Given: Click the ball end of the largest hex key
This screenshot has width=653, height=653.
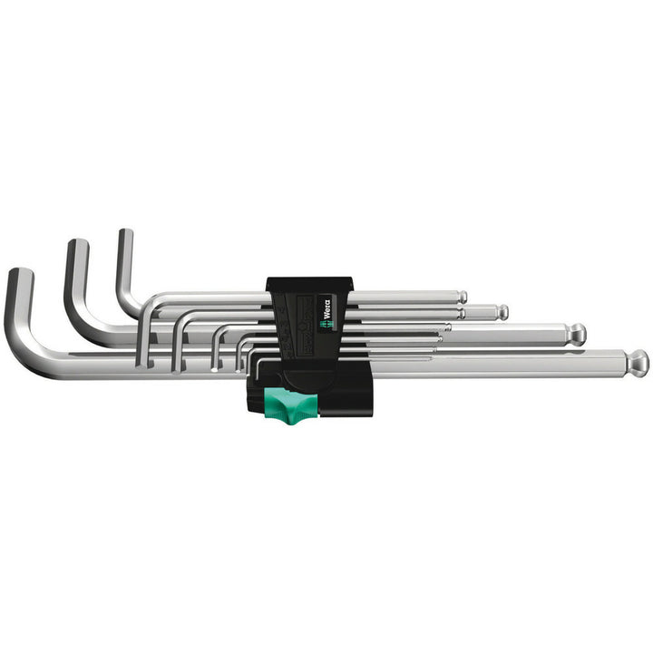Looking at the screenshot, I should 638,362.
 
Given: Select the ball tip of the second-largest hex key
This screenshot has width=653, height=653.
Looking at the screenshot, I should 577,334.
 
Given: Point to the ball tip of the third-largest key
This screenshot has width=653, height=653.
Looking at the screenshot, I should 502,312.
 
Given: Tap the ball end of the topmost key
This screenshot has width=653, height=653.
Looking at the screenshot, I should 462,297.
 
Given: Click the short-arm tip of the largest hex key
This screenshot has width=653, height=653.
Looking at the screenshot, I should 19,275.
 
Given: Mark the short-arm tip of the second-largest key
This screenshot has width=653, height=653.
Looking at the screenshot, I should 77,245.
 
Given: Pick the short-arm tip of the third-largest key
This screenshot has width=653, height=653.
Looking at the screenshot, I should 124,235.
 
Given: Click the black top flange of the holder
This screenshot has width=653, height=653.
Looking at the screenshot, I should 308,283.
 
